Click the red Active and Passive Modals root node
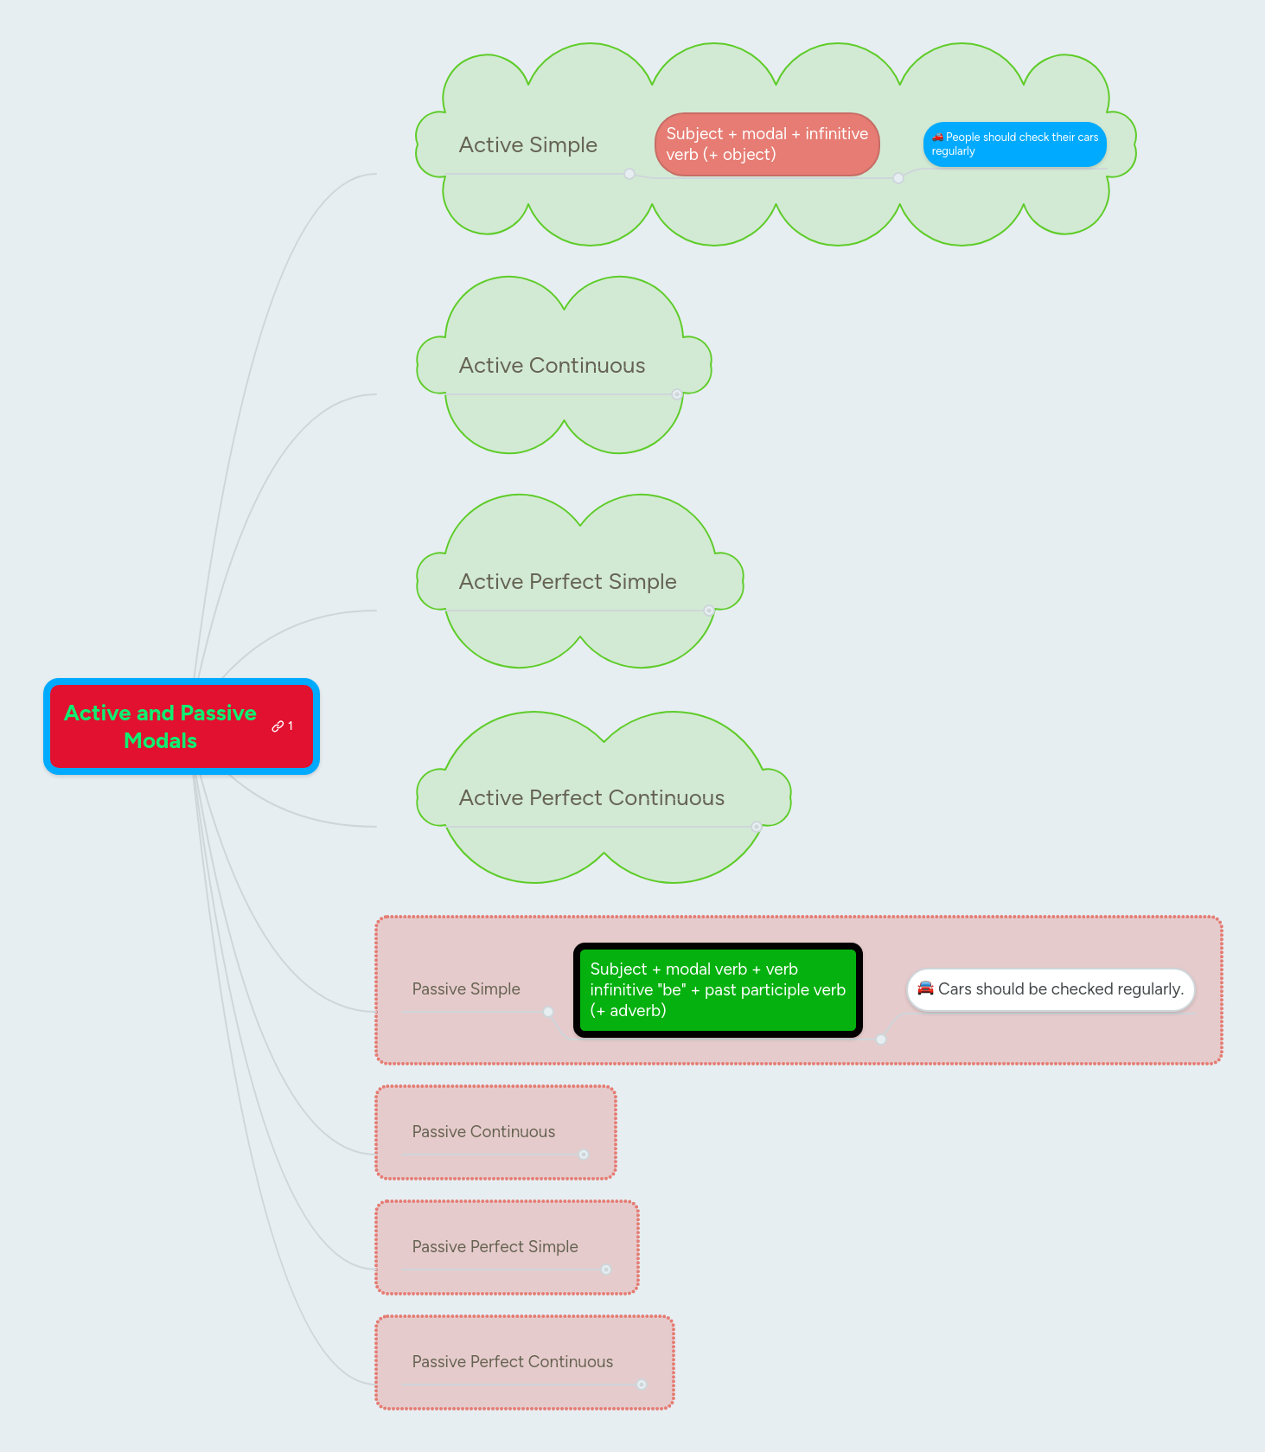point(161,726)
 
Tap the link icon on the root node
point(278,726)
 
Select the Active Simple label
point(527,144)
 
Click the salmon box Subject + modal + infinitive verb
point(767,144)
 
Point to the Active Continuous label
point(552,365)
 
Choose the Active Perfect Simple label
point(567,581)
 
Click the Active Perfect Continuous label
point(591,797)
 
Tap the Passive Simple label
point(466,988)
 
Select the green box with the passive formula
point(718,990)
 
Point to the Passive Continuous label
point(483,1131)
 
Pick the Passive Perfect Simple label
point(495,1246)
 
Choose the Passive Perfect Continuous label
point(512,1361)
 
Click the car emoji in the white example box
point(925,988)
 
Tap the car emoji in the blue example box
point(937,137)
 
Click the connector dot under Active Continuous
point(677,394)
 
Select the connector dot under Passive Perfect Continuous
point(642,1385)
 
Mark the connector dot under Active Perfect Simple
point(709,611)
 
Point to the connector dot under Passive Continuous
point(584,1155)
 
